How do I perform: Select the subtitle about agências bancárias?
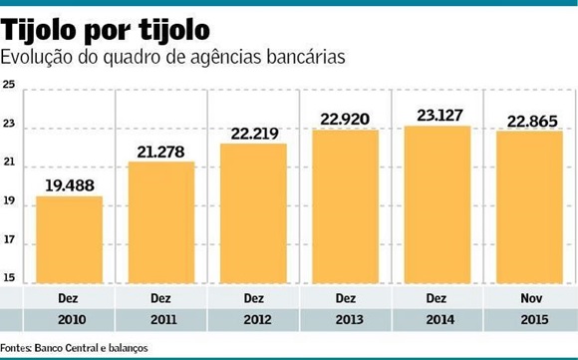coord(173,57)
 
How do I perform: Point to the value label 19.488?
coord(69,184)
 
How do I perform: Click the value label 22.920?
coord(345,119)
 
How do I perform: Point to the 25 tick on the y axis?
coord(10,85)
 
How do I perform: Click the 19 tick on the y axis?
coord(10,202)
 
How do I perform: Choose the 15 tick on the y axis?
coord(10,278)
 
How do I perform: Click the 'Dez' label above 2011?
coord(160,298)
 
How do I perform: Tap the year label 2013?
coord(345,321)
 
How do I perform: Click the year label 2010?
coord(69,321)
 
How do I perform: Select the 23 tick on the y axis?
coord(10,126)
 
